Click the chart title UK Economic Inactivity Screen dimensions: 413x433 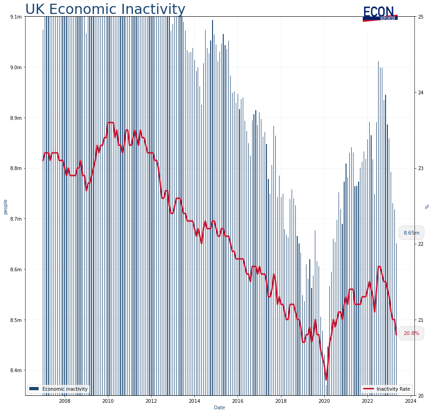tap(105, 9)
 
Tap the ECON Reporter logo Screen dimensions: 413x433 tap(380, 13)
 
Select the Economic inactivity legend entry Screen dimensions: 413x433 tap(58, 388)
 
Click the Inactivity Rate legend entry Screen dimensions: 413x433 tap(387, 388)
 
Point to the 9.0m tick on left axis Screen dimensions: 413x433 tap(16, 67)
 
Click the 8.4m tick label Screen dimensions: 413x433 tap(16, 370)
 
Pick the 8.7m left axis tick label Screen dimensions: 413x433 tap(16, 219)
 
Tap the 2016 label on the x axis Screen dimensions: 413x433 tap(238, 400)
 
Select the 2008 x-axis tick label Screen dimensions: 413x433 tap(65, 400)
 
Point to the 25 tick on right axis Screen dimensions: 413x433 tap(421, 17)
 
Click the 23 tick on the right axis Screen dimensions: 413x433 tap(421, 168)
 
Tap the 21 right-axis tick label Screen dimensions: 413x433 tap(421, 320)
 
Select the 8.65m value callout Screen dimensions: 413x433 tap(411, 233)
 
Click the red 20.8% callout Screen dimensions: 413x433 tap(411, 333)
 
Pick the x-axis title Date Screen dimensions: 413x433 tap(220, 407)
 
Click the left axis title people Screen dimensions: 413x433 tap(6, 206)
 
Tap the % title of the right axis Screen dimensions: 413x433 tap(427, 206)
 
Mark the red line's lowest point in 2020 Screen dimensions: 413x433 tap(326, 380)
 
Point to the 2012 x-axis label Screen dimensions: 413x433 tap(151, 400)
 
